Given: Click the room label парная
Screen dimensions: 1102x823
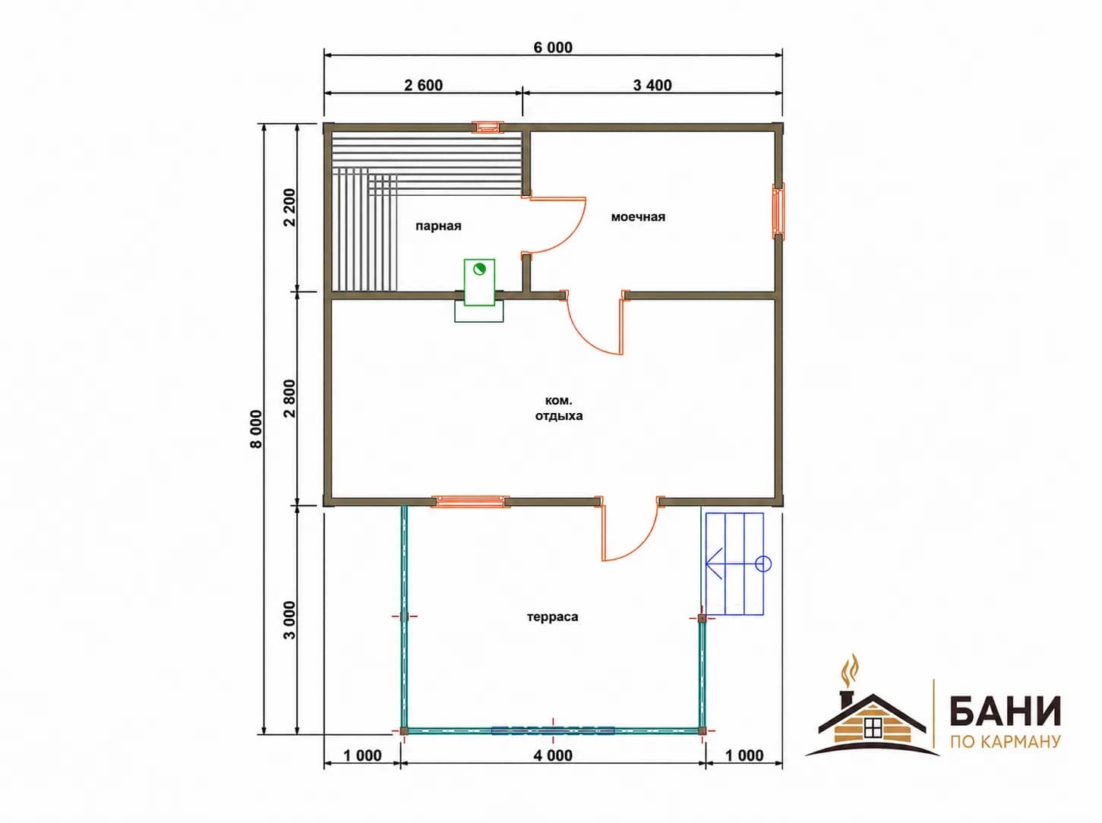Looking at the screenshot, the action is [438, 226].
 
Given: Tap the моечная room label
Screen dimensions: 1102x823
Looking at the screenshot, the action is [638, 217].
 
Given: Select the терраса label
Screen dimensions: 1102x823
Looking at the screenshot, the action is [552, 616].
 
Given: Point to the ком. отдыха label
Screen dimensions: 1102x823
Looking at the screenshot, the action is [559, 408].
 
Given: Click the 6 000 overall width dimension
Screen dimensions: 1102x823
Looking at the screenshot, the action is [553, 47].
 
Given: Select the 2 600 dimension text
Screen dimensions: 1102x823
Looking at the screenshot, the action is [424, 85].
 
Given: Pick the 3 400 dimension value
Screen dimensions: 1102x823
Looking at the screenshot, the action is [652, 85].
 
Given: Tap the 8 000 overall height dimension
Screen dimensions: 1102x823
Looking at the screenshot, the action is [256, 429].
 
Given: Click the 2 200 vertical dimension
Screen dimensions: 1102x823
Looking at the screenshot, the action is [289, 207].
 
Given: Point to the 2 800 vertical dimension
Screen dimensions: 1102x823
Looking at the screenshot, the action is [289, 399].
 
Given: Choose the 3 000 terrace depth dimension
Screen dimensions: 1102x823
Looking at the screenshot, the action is [289, 620].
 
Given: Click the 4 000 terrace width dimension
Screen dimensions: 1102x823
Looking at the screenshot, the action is [553, 755].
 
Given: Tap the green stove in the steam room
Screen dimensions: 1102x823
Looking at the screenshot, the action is [479, 282].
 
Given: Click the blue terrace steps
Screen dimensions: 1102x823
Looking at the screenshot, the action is [734, 563].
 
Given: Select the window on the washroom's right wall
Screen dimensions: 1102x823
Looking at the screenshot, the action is [778, 211].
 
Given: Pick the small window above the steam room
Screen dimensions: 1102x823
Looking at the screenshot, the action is [488, 127].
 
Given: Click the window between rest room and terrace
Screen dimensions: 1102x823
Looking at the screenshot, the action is [470, 501].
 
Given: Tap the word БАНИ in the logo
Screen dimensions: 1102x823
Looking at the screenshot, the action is [1005, 711].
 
